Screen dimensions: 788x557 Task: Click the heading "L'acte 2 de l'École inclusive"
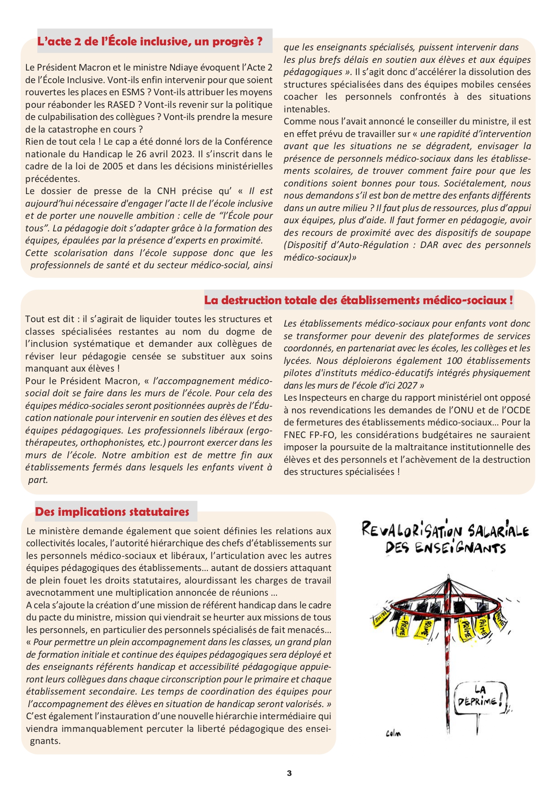click(150, 42)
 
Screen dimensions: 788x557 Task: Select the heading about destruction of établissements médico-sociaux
click(358, 300)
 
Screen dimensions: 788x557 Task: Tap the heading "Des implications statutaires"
click(112, 512)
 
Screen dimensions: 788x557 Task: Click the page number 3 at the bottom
click(289, 773)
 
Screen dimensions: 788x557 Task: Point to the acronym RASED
click(123, 105)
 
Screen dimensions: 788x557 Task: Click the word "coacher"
click(300, 97)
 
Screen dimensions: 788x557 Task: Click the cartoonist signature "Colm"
click(393, 734)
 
